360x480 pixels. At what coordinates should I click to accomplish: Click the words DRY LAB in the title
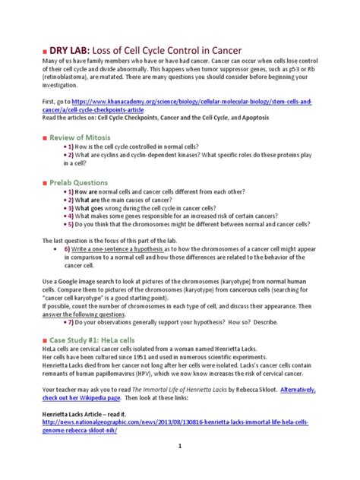coord(75,45)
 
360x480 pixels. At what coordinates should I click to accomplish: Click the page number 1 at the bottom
coord(180,467)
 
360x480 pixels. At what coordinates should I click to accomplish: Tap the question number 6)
coord(68,248)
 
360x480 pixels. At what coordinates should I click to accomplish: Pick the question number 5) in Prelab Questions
coord(69,224)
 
